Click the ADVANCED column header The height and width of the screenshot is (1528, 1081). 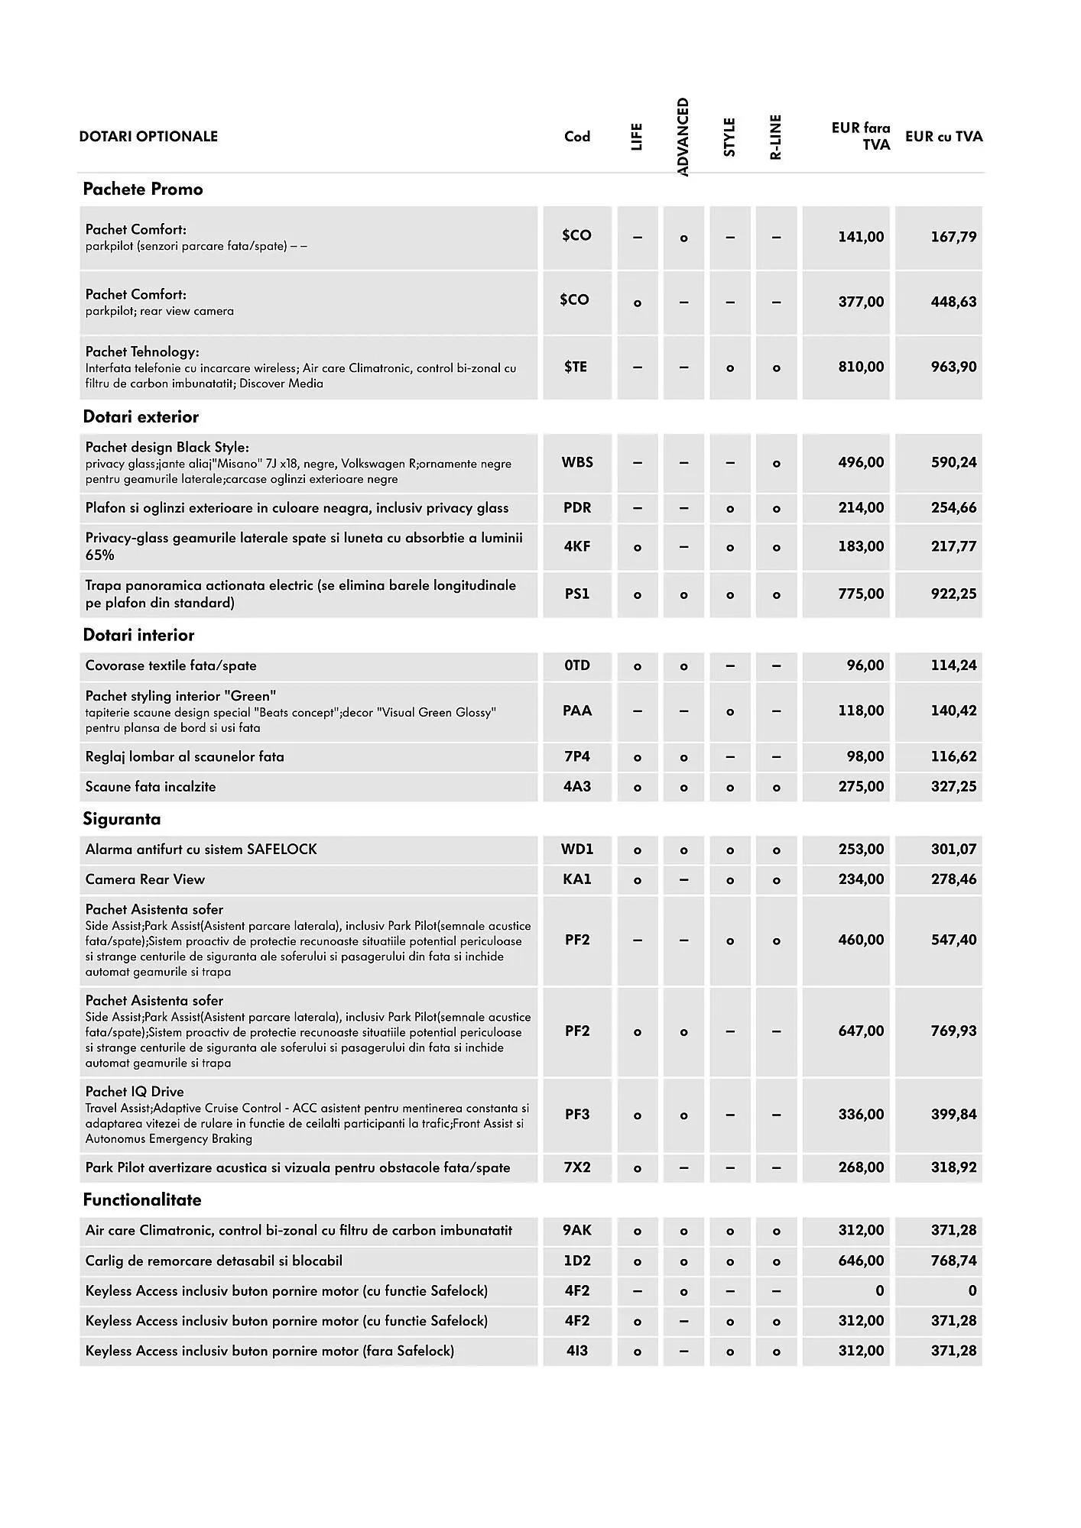(683, 137)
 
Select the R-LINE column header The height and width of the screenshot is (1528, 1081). (776, 137)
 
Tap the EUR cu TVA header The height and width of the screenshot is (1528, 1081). (943, 137)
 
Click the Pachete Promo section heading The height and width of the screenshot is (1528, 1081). (143, 189)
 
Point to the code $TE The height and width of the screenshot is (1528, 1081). (576, 367)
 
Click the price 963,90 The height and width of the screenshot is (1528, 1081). (953, 367)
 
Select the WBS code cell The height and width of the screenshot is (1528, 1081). (577, 462)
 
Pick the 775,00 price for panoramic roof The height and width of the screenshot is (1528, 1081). (861, 594)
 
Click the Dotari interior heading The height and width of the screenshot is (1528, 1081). (138, 635)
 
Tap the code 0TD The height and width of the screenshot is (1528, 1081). (577, 665)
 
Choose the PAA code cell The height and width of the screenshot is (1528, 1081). (577, 711)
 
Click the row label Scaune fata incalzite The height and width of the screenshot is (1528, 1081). (151, 787)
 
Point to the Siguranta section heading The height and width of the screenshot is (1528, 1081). (122, 819)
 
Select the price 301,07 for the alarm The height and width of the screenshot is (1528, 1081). (953, 849)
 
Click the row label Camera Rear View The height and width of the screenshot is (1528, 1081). (145, 879)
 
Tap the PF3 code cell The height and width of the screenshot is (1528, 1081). (577, 1114)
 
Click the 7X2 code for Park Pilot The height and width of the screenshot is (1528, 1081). (577, 1167)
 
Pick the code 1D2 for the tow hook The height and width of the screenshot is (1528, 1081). (577, 1261)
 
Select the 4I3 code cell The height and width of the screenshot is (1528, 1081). (577, 1351)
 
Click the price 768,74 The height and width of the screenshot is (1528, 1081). (953, 1261)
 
